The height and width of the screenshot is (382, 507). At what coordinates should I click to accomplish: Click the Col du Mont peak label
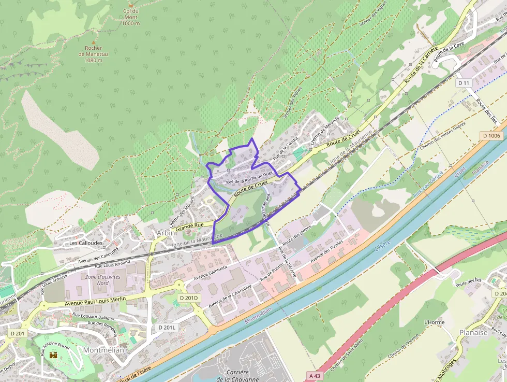click(131, 17)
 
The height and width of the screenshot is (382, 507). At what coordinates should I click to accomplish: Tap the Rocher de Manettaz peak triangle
click(94, 42)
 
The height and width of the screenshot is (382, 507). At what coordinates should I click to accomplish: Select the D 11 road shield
click(464, 83)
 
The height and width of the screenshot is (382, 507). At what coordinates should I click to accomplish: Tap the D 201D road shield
click(189, 298)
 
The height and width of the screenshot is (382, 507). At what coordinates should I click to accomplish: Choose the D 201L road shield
click(167, 328)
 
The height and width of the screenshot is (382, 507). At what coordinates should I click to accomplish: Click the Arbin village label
click(166, 233)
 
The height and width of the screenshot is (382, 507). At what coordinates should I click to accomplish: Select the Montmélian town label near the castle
click(104, 350)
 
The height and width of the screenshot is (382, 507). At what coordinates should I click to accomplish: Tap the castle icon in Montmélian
click(53, 356)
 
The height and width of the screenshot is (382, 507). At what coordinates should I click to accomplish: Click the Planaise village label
click(473, 332)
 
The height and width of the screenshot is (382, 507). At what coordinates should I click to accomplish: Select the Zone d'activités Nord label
click(103, 279)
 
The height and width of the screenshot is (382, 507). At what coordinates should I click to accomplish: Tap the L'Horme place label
click(434, 322)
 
